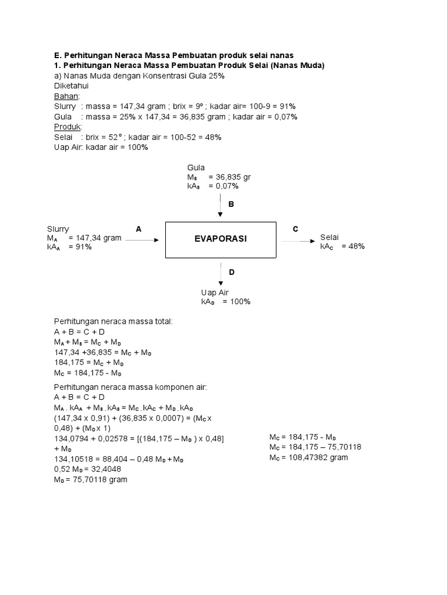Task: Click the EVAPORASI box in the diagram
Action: click(221, 239)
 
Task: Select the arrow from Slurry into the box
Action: click(142, 239)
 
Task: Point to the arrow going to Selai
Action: click(300, 239)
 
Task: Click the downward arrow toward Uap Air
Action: click(221, 273)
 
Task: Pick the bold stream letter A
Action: click(139, 229)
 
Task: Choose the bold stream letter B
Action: click(231, 205)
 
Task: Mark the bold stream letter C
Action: click(295, 229)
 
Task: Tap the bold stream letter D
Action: click(231, 272)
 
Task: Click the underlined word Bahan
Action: click(67, 96)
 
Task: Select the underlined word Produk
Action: click(68, 127)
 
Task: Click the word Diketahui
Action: click(72, 85)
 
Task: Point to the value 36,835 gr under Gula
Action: click(233, 177)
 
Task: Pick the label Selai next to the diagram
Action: click(329, 237)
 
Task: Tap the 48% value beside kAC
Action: click(353, 246)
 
